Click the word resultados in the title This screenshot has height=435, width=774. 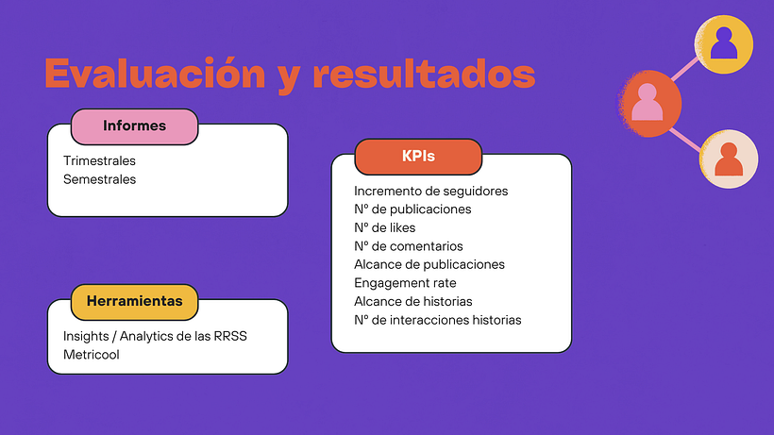424,74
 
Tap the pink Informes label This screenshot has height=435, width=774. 134,126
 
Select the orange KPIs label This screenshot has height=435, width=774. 418,157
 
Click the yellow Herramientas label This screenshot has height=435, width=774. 134,301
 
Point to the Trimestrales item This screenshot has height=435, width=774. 99,161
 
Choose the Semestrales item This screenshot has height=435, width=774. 99,179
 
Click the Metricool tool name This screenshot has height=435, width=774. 92,354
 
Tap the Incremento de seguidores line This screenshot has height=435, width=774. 430,191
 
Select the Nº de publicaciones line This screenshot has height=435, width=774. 412,209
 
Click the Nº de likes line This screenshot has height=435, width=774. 384,227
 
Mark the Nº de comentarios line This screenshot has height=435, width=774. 409,246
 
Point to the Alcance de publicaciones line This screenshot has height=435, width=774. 429,264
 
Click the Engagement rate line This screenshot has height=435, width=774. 405,283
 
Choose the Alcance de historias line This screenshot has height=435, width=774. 413,301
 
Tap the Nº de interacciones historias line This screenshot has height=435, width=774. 437,320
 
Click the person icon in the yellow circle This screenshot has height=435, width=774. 724,43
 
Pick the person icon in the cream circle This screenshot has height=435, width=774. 729,159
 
